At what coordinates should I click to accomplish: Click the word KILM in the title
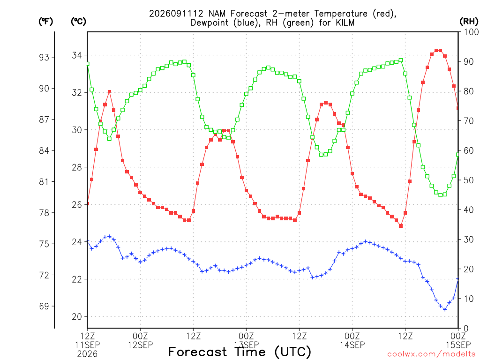pos(345,22)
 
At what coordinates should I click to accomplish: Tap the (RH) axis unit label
pos(469,22)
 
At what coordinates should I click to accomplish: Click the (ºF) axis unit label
pos(45,22)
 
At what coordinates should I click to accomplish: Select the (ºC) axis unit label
pos(78,22)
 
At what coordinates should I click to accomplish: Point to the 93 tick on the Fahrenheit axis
pos(44,57)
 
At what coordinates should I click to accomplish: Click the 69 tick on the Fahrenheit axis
pos(44,306)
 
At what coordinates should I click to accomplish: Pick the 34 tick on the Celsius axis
pos(77,55)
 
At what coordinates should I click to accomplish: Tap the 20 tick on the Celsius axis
pos(77,316)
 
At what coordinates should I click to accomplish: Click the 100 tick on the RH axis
pos(471,32)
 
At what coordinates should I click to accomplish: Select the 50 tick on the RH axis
pos(468,180)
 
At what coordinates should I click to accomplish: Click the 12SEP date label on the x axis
pos(140,345)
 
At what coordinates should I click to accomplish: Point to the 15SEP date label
pos(458,345)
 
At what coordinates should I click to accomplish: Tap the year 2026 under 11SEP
pos(87,354)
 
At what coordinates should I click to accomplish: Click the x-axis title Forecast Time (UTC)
pos(240,352)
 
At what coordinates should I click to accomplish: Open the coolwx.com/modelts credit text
pos(433,354)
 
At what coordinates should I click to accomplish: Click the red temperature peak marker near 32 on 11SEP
pos(109,91)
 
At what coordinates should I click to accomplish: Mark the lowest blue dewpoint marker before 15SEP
pos(445,309)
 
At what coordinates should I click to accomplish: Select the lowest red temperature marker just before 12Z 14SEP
pos(401,226)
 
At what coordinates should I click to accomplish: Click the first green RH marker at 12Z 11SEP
pos(88,64)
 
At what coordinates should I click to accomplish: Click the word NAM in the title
pos(217,14)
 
